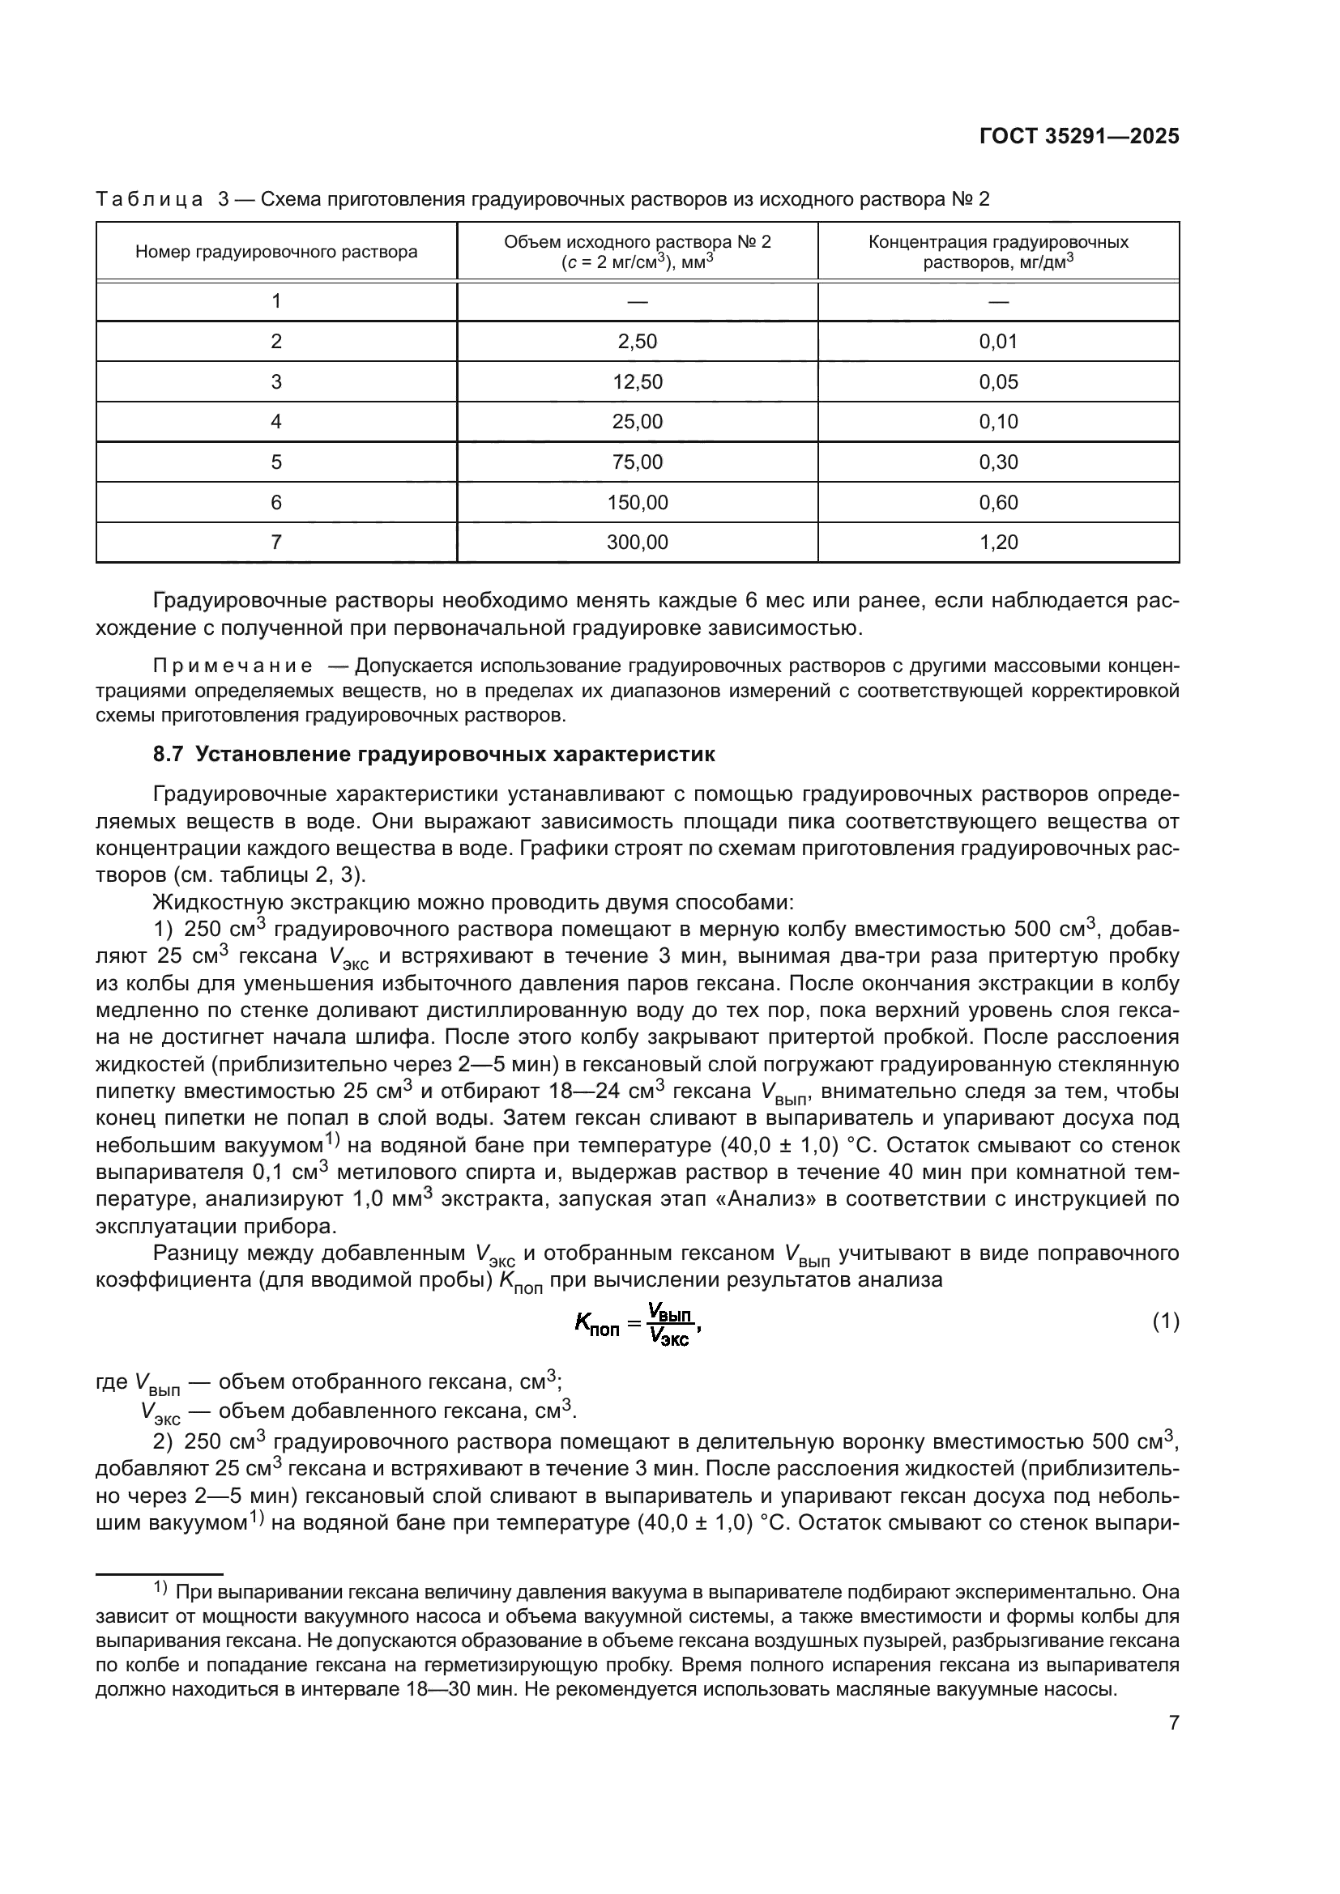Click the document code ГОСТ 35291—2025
(1078, 137)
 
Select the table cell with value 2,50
(637, 342)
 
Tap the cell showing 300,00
(637, 543)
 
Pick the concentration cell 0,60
(998, 502)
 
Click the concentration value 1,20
(998, 543)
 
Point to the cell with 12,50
(637, 382)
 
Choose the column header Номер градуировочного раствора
(276, 252)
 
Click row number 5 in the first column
(276, 462)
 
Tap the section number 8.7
(169, 755)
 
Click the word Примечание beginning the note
(233, 666)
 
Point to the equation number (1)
(1165, 1322)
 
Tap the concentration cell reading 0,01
(998, 342)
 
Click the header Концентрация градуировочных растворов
(998, 252)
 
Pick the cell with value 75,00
(637, 462)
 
